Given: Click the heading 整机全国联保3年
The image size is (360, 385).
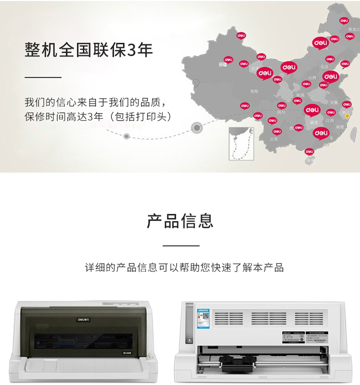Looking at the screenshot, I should point(89,50).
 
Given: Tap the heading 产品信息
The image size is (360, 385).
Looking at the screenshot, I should point(180,221).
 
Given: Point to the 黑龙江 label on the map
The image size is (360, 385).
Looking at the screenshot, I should point(353,30).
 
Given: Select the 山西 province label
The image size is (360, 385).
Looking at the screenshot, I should point(312,77).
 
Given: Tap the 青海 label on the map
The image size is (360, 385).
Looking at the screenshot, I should point(254,91).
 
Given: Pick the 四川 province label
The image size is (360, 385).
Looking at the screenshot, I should point(281,112).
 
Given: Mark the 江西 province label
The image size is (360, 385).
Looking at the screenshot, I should point(329,120).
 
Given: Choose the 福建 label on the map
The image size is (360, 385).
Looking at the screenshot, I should point(340,127).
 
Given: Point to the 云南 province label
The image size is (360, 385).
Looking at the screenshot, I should point(274,139).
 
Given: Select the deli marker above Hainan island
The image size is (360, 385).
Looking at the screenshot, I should point(309,152).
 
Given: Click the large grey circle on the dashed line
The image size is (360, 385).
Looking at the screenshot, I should point(196,127).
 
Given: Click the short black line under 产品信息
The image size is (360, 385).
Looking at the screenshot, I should point(181,245).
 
